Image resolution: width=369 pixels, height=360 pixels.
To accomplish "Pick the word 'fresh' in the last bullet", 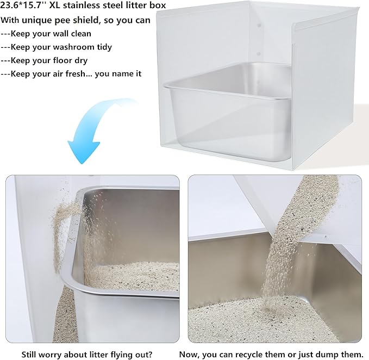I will pyautogui.click(x=76, y=73).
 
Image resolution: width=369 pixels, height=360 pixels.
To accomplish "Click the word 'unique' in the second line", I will pyautogui.click(x=37, y=20).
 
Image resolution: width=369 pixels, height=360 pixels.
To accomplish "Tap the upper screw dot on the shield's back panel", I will pyautogui.click(x=259, y=26).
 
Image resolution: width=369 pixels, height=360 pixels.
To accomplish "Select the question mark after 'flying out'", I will pyautogui.click(x=151, y=355).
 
